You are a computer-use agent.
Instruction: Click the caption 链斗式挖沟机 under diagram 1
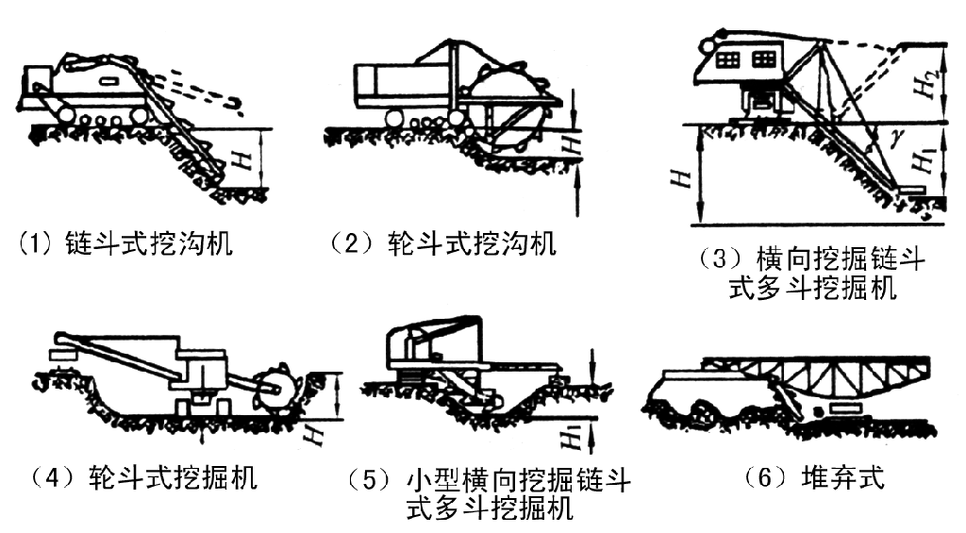tap(149, 246)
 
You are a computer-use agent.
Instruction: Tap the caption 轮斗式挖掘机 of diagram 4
tap(172, 477)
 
